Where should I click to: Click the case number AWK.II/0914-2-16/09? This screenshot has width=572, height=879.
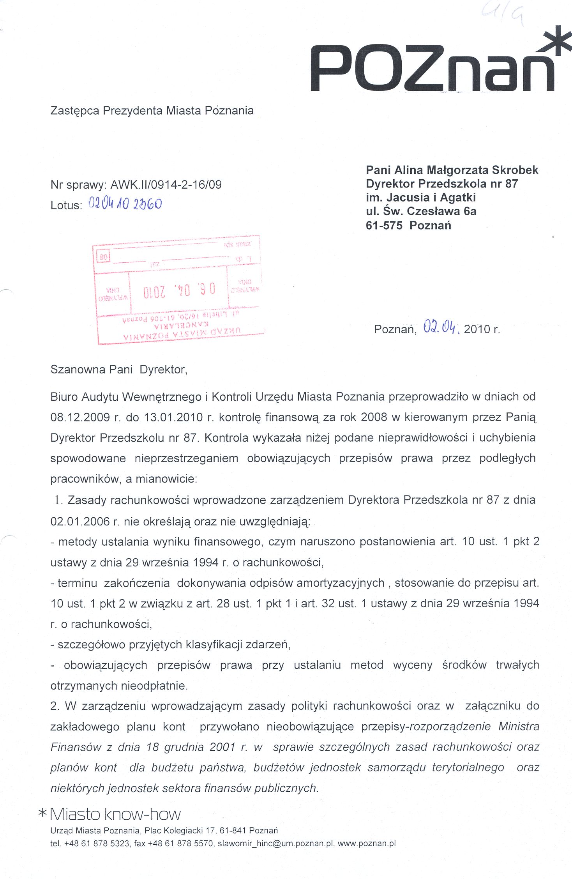coord(166,185)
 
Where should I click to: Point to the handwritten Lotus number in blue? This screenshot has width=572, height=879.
coord(125,204)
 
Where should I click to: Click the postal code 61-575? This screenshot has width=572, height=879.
coord(384,225)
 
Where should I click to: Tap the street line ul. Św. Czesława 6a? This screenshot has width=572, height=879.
coord(421,211)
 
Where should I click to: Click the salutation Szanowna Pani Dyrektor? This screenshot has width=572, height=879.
coord(119,370)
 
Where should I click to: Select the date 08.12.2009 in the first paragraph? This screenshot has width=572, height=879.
coord(80,417)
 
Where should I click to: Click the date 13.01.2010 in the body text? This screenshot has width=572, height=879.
coord(173,417)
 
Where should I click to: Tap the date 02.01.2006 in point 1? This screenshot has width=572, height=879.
coord(80,522)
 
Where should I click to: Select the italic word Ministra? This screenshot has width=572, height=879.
coord(519,727)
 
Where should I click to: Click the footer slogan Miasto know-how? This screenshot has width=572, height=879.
coord(115,814)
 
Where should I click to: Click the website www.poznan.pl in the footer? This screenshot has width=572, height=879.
coord(366,844)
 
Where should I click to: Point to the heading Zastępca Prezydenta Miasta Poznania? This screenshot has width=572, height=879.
coord(152,111)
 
